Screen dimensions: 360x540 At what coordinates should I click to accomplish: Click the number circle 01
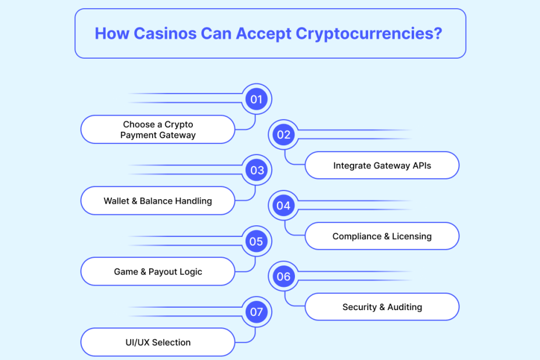[256, 99]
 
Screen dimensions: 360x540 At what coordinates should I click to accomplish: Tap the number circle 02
[283, 135]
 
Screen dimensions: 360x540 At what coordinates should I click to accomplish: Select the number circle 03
[256, 171]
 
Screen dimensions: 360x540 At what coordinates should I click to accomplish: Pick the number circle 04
[283, 206]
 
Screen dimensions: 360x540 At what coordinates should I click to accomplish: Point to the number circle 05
[256, 242]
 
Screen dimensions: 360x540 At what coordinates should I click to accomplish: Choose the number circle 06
[283, 277]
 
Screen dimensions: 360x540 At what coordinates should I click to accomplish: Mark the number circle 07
[256, 312]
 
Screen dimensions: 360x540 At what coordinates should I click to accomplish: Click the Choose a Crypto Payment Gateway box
[158, 129]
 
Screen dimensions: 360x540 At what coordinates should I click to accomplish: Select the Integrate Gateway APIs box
[382, 165]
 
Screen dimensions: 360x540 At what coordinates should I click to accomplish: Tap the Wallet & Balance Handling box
[158, 201]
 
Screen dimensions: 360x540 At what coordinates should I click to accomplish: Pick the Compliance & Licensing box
[382, 236]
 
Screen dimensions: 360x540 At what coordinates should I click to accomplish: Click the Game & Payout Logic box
[158, 272]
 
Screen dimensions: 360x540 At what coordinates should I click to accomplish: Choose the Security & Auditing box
[382, 307]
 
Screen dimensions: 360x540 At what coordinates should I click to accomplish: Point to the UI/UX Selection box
[158, 343]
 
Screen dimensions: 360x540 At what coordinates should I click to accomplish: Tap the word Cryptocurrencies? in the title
[369, 33]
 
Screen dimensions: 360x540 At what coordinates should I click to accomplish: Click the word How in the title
[111, 33]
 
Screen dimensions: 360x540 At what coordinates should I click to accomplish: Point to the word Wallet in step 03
[116, 201]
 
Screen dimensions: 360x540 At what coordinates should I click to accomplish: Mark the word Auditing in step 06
[405, 307]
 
